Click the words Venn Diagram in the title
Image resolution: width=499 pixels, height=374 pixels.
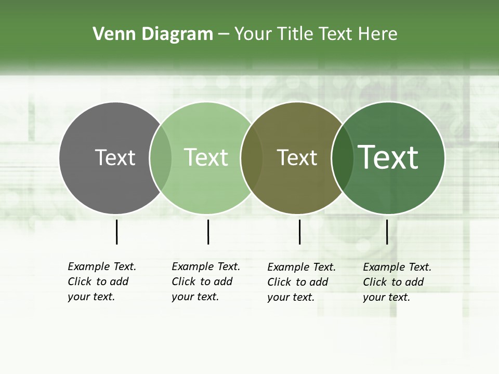click(153, 34)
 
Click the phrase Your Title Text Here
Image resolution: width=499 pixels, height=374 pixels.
click(316, 34)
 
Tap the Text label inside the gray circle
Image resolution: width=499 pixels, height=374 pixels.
click(115, 157)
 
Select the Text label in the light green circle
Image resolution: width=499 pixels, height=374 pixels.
click(206, 157)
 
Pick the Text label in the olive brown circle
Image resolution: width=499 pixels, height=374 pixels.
click(297, 157)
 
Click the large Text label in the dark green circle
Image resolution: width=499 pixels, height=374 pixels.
click(388, 157)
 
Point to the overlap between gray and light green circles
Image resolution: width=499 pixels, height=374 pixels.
click(161, 157)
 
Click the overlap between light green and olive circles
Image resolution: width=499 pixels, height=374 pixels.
click(252, 157)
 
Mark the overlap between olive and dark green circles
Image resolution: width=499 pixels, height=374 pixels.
click(343, 157)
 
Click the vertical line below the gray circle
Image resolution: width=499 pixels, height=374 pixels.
click(116, 232)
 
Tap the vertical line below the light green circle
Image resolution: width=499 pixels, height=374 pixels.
click(208, 232)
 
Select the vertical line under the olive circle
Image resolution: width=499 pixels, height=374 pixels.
click(299, 232)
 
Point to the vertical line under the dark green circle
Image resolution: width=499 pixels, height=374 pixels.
click(387, 232)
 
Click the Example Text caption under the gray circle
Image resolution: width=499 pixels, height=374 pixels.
click(101, 282)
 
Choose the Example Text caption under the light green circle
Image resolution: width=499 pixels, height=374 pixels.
click(205, 282)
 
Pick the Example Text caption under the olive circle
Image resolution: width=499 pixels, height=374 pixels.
click(301, 282)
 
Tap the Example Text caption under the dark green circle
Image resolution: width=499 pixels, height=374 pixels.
click(397, 282)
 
